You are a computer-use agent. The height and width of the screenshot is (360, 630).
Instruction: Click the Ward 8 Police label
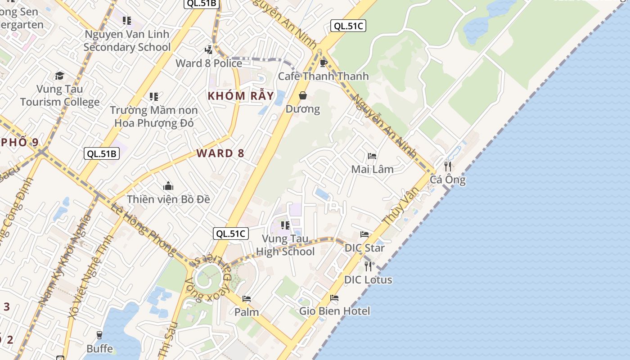tap(209, 63)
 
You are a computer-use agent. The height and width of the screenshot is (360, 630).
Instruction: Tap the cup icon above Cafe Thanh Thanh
tap(323, 63)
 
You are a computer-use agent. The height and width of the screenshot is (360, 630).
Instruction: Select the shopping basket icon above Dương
tap(303, 95)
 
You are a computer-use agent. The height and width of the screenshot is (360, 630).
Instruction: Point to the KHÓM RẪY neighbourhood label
tap(240, 95)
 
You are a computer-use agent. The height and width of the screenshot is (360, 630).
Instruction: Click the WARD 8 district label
tap(220, 153)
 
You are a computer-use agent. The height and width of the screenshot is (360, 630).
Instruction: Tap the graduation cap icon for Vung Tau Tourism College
tap(59, 76)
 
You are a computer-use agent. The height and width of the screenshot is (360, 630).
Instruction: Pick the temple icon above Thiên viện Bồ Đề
tap(168, 186)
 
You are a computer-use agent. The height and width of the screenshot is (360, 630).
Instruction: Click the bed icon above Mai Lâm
tap(372, 156)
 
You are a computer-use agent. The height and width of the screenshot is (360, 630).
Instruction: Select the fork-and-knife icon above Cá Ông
tap(447, 166)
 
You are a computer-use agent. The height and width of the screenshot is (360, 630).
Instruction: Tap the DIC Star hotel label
tap(364, 248)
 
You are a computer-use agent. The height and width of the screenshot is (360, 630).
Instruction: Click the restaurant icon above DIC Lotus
tap(368, 266)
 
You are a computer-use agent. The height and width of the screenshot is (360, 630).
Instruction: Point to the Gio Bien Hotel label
tap(335, 311)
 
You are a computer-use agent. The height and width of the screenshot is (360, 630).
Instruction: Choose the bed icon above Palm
tap(246, 299)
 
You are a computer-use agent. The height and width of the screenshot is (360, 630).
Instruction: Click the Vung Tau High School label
tap(285, 245)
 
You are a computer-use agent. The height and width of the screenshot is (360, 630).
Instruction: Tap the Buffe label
tap(99, 349)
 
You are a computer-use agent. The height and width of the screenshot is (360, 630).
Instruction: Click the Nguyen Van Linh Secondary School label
tap(127, 40)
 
